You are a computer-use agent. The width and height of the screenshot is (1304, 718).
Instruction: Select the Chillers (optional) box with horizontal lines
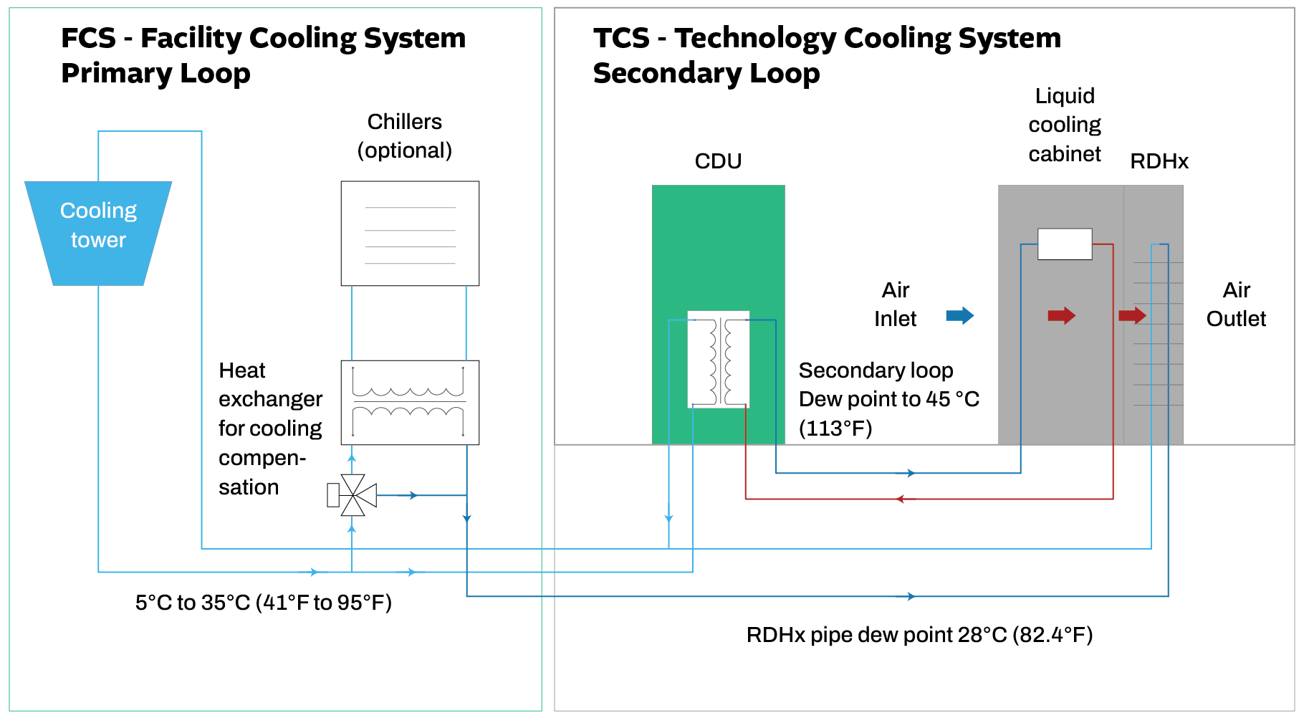click(x=410, y=234)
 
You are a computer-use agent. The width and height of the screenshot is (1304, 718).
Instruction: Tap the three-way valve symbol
click(x=353, y=495)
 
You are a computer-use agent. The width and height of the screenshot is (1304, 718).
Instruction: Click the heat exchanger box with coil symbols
click(x=410, y=403)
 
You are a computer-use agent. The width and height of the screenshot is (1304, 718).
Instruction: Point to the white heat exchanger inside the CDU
click(x=719, y=359)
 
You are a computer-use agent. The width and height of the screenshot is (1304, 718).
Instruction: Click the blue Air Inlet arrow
click(x=960, y=315)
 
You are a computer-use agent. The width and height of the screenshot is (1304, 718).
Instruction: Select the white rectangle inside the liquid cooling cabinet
click(x=1065, y=244)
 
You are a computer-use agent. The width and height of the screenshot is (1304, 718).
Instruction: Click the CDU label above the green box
click(x=718, y=161)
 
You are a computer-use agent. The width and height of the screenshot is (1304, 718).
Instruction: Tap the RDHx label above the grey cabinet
click(x=1159, y=161)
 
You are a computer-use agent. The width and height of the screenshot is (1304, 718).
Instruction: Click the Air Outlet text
click(x=1236, y=305)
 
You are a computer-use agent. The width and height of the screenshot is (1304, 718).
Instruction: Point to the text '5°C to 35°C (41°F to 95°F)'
click(x=264, y=603)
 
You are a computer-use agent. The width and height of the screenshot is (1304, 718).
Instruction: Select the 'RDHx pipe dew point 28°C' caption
click(x=919, y=635)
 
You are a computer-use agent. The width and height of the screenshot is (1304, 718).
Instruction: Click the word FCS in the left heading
click(x=88, y=38)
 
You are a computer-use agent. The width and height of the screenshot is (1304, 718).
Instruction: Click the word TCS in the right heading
click(x=621, y=38)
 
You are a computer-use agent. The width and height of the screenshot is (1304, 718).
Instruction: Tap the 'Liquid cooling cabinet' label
click(x=1065, y=125)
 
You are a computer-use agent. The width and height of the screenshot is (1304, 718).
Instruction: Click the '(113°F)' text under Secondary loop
click(x=835, y=429)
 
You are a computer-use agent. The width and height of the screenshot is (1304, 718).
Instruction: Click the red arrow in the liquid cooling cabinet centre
click(x=1061, y=315)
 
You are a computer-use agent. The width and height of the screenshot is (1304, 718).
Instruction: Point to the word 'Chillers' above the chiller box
click(x=405, y=122)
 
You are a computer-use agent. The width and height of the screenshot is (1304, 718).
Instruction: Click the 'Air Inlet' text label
click(x=895, y=305)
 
